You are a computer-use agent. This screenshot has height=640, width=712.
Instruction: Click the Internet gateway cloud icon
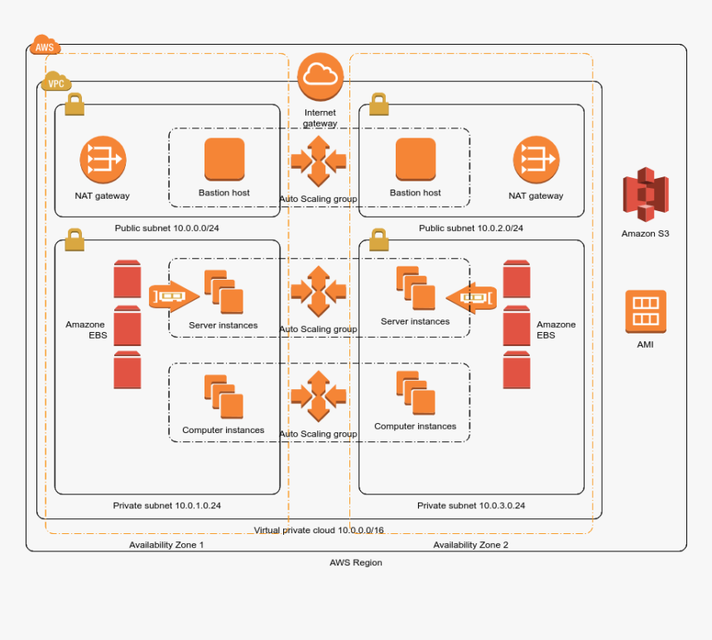click(320, 76)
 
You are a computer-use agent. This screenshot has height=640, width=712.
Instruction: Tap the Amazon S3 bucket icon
click(645, 195)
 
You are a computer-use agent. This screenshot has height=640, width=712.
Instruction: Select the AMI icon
click(645, 311)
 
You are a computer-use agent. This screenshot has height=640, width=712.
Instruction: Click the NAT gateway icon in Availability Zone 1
click(103, 160)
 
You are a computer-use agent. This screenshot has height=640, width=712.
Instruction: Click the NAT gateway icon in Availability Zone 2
click(536, 160)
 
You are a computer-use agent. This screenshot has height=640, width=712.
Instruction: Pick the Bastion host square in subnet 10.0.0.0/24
click(224, 159)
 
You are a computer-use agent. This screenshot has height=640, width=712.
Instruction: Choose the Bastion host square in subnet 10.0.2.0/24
click(416, 159)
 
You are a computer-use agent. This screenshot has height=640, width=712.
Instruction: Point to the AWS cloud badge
click(45, 46)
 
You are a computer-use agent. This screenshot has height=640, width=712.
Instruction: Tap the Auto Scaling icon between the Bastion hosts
click(319, 160)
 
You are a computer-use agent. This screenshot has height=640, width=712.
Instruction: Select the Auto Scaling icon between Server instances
click(319, 291)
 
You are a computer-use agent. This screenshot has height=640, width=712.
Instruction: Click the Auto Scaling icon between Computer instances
click(319, 396)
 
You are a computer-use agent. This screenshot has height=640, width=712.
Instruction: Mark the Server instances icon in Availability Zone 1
click(224, 292)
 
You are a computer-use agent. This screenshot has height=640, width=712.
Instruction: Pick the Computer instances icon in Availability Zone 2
click(416, 393)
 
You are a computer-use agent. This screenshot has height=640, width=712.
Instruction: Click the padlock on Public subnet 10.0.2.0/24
click(379, 104)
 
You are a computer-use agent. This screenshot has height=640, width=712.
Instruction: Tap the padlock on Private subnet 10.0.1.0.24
click(75, 239)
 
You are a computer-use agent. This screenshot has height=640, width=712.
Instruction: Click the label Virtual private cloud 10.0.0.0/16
click(319, 530)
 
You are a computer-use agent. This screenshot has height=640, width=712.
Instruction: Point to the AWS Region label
click(356, 562)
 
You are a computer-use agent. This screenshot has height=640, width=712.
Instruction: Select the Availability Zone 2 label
click(471, 545)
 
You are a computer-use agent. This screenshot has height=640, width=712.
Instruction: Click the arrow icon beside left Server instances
click(174, 295)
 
